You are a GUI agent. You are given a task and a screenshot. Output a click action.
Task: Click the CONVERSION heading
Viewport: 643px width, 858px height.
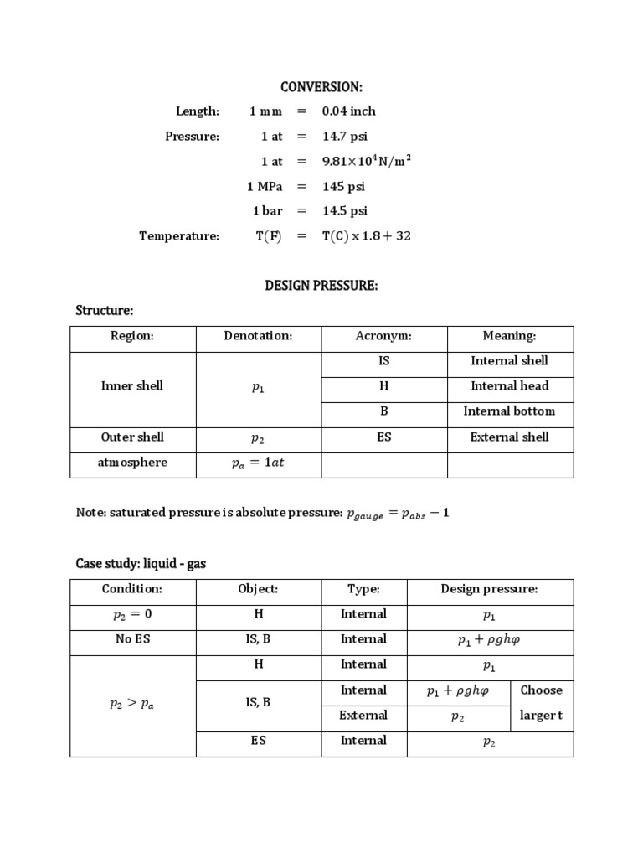[x=321, y=87]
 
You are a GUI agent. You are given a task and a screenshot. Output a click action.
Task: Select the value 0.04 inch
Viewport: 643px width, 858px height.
[x=349, y=111]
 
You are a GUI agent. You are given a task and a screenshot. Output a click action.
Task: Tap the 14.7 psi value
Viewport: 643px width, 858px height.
[x=345, y=136]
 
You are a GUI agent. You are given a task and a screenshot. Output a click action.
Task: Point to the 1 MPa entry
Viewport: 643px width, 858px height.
[x=265, y=186]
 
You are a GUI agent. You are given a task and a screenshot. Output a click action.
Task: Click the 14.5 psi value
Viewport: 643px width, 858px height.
[x=345, y=211]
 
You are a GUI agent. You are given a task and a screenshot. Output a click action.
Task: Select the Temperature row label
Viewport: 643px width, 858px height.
[x=179, y=236]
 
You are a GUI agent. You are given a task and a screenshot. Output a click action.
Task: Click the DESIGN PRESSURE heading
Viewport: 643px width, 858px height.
[x=321, y=286]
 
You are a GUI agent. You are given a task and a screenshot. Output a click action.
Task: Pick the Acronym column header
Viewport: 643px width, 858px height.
[x=384, y=336]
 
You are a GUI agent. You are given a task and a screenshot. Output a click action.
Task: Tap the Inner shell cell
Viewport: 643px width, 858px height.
[x=132, y=386]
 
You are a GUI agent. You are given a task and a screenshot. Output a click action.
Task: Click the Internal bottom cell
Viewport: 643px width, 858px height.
[x=509, y=411]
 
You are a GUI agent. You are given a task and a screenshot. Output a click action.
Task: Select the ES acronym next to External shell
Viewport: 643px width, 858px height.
[x=384, y=437]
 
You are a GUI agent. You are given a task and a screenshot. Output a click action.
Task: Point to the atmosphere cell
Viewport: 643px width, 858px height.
[x=132, y=462]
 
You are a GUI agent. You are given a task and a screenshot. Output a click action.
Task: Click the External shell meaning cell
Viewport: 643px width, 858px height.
[x=509, y=437]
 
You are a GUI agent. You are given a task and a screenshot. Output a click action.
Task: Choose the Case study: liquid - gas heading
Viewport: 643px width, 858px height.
[x=141, y=564]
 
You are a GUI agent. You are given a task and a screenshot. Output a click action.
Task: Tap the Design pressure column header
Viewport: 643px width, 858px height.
[x=489, y=589]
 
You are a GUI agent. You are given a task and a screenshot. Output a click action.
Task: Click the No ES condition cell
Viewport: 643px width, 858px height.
[x=132, y=639]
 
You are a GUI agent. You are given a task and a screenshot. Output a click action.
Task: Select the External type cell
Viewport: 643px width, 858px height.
[x=363, y=716]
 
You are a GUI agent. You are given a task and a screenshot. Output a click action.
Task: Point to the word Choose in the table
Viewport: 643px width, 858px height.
[x=541, y=690]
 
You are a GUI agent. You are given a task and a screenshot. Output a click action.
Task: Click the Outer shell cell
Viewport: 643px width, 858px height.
[x=132, y=437]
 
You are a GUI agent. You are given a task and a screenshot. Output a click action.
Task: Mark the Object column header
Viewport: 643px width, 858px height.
[x=259, y=589]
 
